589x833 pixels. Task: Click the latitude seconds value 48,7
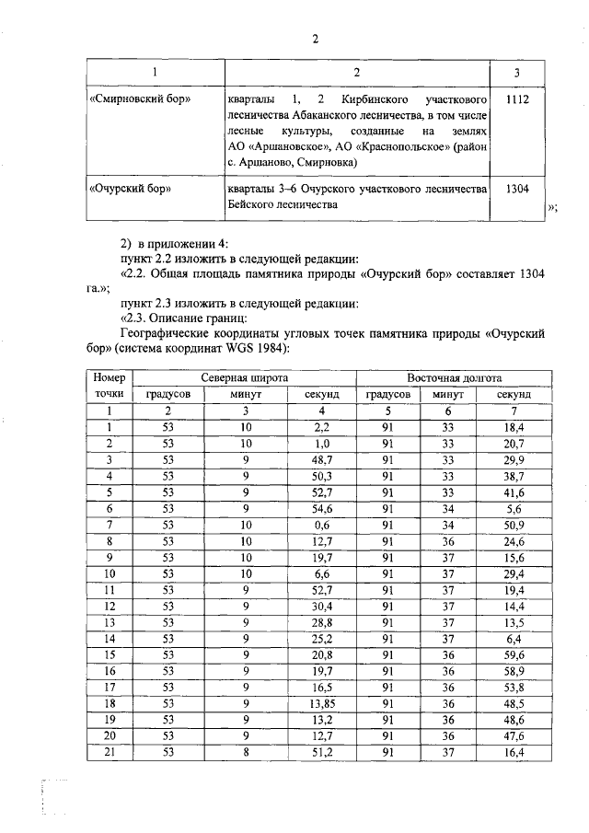tap(315, 459)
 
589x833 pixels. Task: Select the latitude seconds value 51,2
tap(315, 752)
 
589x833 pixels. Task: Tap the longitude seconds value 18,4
tap(514, 427)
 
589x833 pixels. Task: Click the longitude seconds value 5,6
tap(514, 508)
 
